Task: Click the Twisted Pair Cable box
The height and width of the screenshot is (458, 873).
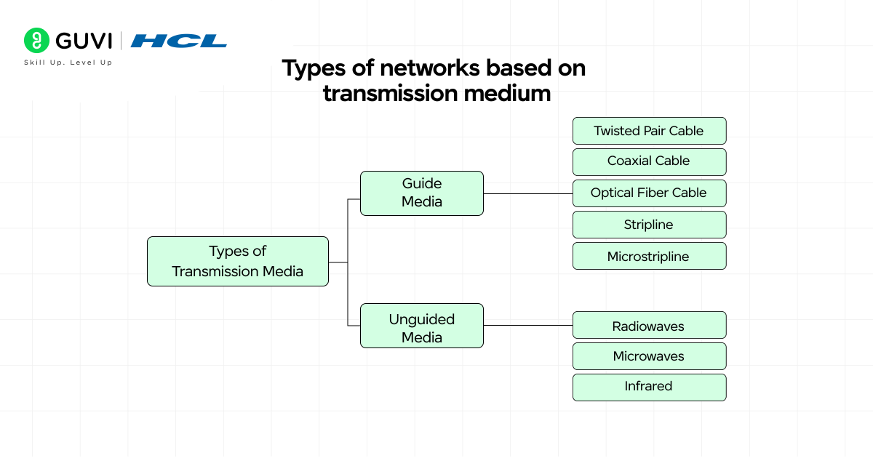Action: point(649,131)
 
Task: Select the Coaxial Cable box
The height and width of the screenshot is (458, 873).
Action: point(649,161)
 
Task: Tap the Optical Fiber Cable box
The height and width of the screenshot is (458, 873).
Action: point(649,193)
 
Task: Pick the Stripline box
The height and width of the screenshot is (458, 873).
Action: point(649,225)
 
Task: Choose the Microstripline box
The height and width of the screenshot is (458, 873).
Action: point(649,256)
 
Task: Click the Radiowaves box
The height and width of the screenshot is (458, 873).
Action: point(649,326)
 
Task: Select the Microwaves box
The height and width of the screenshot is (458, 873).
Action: point(649,356)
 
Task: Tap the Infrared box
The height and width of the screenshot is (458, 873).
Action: point(649,387)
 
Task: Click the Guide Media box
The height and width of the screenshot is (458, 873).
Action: point(422,193)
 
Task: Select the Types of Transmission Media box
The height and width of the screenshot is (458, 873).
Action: point(238,261)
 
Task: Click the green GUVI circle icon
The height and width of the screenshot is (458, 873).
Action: point(36,40)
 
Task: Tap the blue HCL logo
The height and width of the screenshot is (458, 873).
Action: point(179,41)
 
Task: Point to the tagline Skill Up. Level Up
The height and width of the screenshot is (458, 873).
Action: point(68,63)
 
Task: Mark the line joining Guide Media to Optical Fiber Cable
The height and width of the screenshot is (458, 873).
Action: point(527,194)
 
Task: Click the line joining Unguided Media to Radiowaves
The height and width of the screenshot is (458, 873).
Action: point(527,325)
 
